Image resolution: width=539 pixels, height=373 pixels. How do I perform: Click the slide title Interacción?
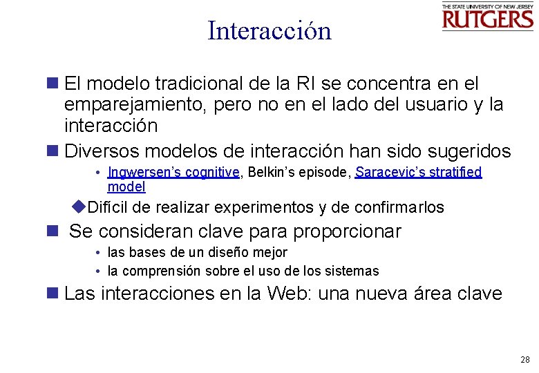tap(269, 30)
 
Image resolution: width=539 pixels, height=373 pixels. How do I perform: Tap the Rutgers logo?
tap(488, 17)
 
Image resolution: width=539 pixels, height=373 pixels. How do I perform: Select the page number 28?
tap(524, 360)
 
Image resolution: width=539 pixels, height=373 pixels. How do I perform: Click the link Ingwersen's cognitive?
tap(173, 173)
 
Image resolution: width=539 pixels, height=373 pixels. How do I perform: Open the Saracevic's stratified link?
tap(418, 173)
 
